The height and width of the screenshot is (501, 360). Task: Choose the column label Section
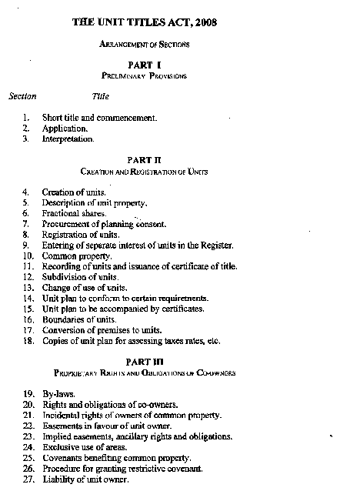tap(22, 97)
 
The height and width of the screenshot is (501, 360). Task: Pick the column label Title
tap(101, 97)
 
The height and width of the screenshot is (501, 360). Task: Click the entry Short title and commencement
tap(99, 119)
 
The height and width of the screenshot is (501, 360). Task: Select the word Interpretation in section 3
tap(68, 139)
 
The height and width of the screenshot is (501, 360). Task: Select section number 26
tap(27, 468)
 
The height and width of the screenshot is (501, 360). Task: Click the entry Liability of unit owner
tap(85, 479)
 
